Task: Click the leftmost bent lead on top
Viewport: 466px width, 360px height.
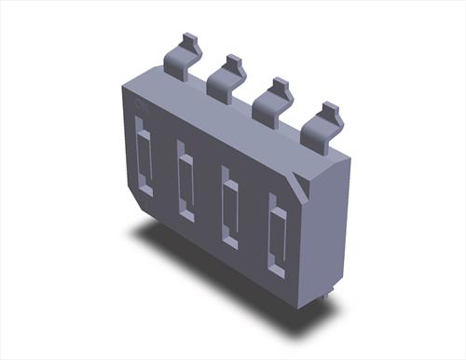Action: click(x=183, y=54)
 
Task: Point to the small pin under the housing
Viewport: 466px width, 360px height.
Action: click(x=329, y=300)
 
